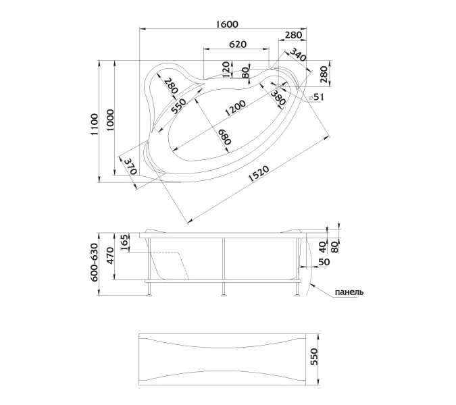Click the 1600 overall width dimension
[228, 24]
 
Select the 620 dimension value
[236, 44]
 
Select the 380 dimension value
[277, 100]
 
